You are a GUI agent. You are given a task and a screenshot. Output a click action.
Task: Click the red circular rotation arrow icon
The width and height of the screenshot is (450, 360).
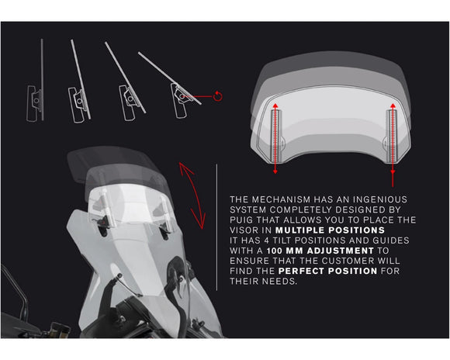click(x=218, y=96)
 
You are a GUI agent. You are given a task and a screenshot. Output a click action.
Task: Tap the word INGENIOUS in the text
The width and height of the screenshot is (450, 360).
click(x=380, y=199)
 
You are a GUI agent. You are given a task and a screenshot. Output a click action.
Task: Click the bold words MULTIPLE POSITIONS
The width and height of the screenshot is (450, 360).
click(x=330, y=230)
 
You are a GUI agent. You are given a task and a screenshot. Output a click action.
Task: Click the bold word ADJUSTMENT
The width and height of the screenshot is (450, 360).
click(x=341, y=251)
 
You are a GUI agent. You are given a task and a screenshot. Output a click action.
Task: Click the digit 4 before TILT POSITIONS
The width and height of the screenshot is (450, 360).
click(x=267, y=241)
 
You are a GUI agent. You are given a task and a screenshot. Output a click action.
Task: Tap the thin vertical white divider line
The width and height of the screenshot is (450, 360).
click(x=216, y=227)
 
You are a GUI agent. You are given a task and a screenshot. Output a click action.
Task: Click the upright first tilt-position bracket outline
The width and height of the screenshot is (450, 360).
click(x=34, y=103)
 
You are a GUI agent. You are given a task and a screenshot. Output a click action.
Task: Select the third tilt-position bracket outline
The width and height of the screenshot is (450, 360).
click(x=129, y=102)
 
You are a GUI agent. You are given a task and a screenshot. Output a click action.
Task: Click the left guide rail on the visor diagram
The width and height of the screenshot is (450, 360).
click(x=275, y=136)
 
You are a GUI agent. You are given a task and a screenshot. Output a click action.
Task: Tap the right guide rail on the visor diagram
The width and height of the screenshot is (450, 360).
click(x=393, y=136)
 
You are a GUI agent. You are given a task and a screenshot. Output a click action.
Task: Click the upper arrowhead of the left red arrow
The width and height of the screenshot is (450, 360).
click(x=275, y=106)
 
